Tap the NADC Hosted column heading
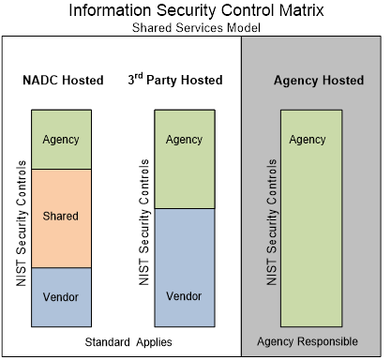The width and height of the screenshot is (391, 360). point(62,81)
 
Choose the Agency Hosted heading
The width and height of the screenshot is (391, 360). point(318,81)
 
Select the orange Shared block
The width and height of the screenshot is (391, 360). point(61,217)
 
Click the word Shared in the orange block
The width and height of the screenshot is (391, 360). point(61,217)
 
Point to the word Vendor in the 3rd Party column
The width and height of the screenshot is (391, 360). point(184,296)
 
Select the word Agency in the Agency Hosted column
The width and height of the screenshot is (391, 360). point(308,140)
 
